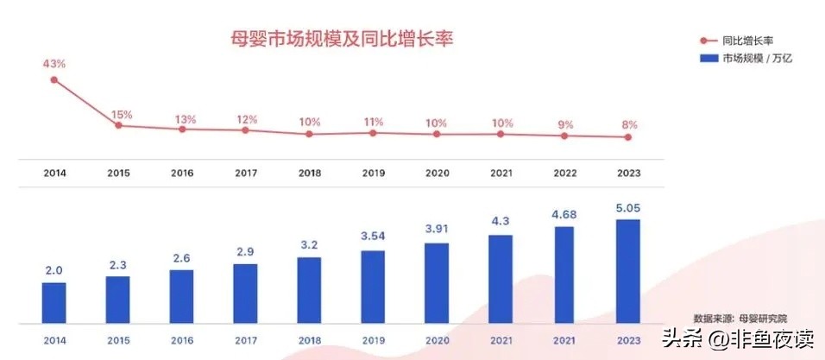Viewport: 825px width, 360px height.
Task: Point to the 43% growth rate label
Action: click(x=54, y=63)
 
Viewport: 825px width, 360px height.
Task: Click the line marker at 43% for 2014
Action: click(x=54, y=79)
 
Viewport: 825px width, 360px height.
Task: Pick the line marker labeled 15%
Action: click(x=118, y=126)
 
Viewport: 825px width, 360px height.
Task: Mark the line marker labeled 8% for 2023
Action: click(x=628, y=137)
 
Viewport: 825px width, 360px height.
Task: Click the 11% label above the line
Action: click(x=373, y=121)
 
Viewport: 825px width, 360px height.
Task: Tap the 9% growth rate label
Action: click(x=564, y=123)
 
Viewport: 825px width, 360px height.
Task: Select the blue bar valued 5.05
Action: click(x=628, y=270)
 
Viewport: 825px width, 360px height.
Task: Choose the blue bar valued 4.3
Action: click(x=501, y=278)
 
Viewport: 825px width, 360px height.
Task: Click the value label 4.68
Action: click(x=564, y=213)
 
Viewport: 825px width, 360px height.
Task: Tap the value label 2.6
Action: click(x=181, y=257)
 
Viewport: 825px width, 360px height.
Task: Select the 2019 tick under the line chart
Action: click(x=373, y=174)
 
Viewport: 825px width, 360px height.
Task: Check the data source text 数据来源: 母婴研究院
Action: click(x=740, y=319)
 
